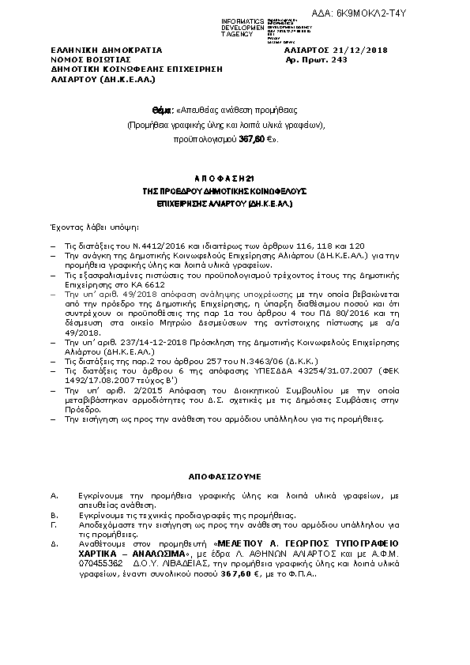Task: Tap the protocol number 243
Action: click(340, 59)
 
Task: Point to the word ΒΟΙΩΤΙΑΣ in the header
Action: click(108, 59)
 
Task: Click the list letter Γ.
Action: click(52, 524)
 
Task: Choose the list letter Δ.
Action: click(53, 544)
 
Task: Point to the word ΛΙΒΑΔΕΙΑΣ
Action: click(187, 564)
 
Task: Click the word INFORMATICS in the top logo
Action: click(242, 20)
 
